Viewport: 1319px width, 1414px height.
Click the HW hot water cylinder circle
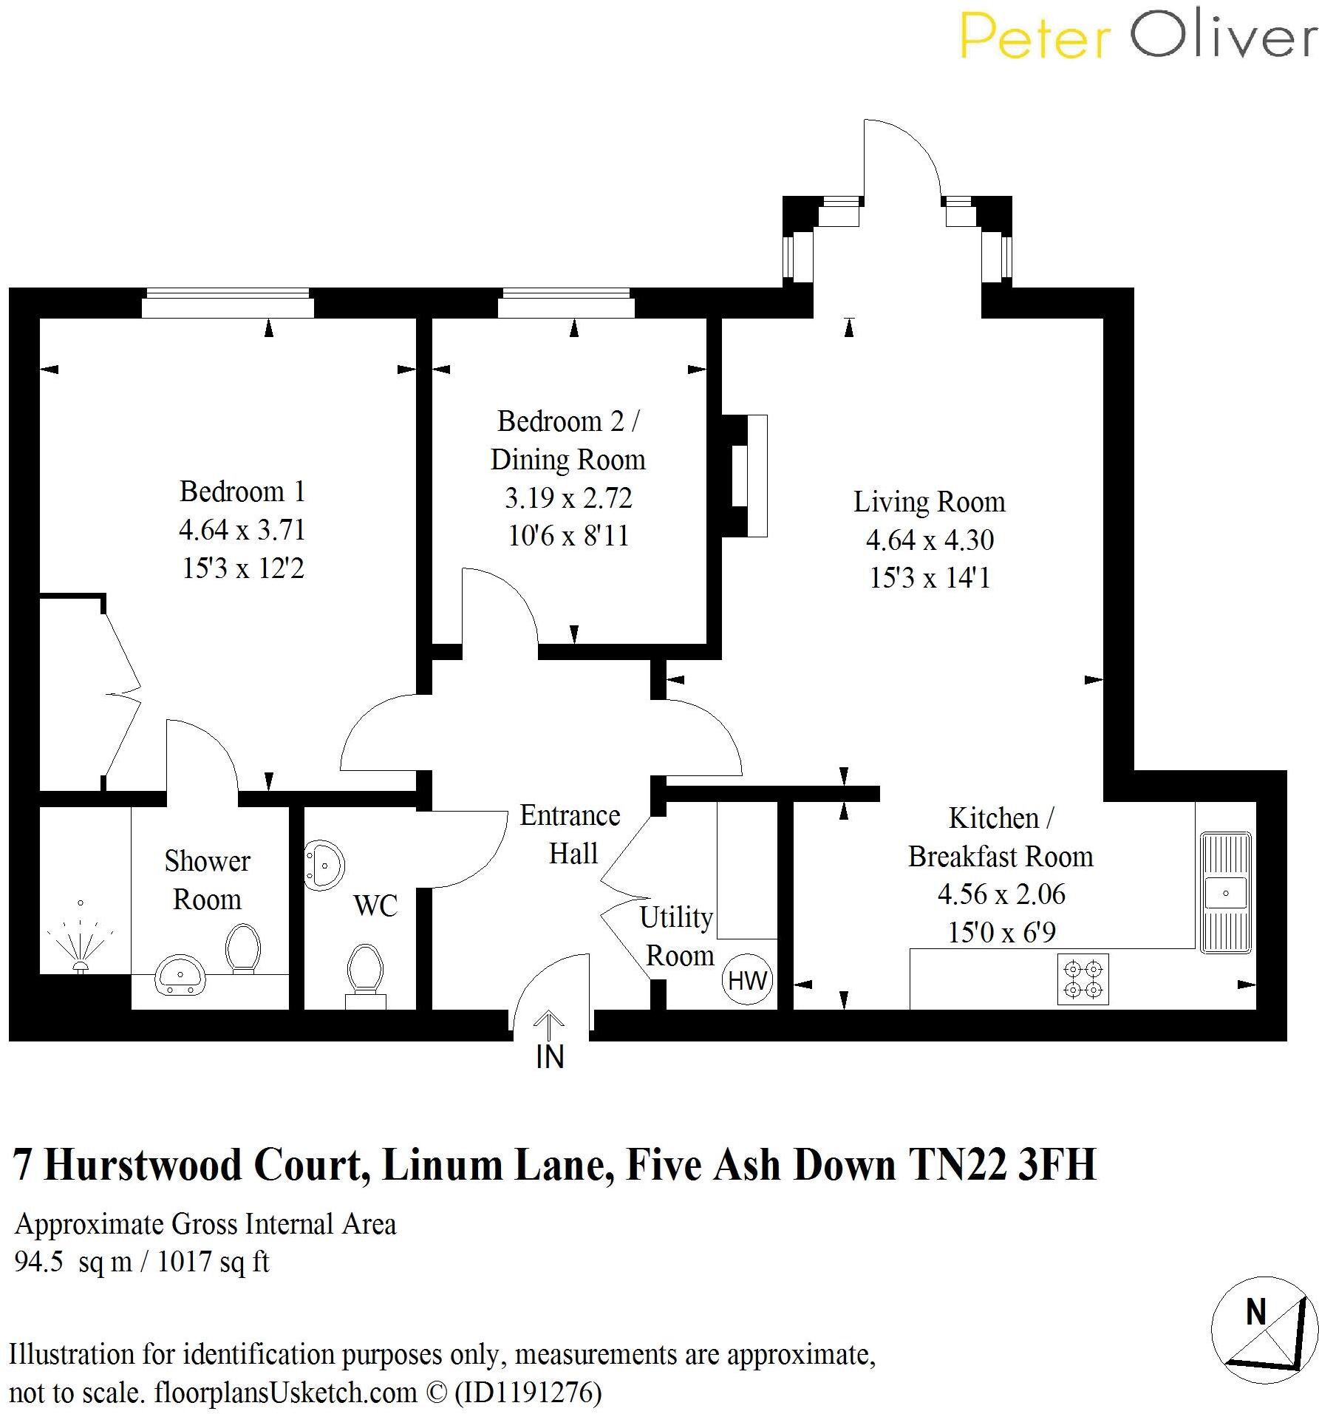point(747,980)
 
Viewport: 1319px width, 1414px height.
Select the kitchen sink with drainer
point(1226,892)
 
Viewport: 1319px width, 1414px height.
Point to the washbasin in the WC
point(323,864)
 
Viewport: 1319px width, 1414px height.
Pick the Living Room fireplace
point(746,475)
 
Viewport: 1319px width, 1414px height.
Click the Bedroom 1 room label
point(242,492)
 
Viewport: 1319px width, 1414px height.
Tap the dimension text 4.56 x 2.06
point(1001,894)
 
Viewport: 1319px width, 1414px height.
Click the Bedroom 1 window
point(228,303)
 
